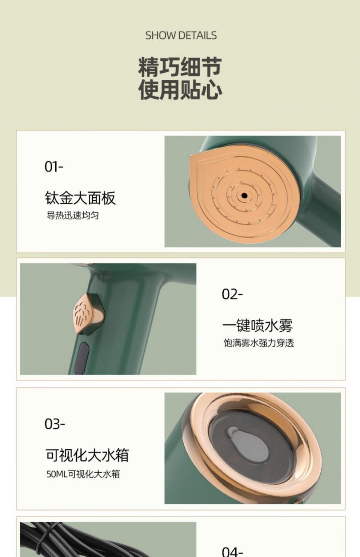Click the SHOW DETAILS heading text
pyautogui.click(x=181, y=35)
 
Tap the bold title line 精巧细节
pyautogui.click(x=180, y=67)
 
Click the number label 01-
pyautogui.click(x=54, y=167)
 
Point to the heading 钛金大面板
pyautogui.click(x=80, y=198)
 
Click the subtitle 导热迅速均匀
pyautogui.click(x=72, y=215)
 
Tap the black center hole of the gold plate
pyautogui.click(x=244, y=196)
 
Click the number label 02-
pyautogui.click(x=232, y=294)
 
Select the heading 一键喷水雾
pyautogui.click(x=257, y=325)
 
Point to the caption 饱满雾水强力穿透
pyautogui.click(x=259, y=343)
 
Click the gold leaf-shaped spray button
pyautogui.click(x=88, y=314)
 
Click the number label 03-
pyautogui.click(x=55, y=424)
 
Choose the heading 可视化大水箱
pyautogui.click(x=87, y=455)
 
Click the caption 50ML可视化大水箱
pyautogui.click(x=83, y=474)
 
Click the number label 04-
pyautogui.click(x=232, y=552)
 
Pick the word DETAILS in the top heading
pyautogui.click(x=198, y=35)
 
